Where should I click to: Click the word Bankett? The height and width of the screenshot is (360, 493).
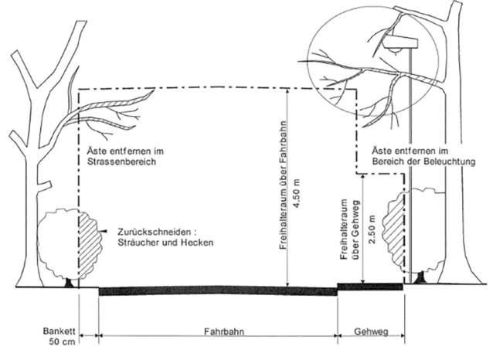pos(59,331)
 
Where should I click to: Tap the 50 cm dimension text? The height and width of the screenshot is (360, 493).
pos(62,341)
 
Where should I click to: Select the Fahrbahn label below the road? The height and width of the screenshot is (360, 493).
pos(224,331)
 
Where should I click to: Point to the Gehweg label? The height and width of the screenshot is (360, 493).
pos(371,331)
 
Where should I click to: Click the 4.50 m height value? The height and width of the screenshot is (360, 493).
pos(297,193)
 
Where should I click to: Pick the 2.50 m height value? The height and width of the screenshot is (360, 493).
pos(372,229)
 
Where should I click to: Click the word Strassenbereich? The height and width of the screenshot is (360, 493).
pos(121,162)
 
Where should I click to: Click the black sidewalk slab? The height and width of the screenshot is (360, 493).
pos(370,287)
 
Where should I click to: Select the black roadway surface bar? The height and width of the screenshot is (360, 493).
pos(218,290)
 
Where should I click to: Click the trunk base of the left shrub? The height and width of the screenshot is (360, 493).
pos(69,283)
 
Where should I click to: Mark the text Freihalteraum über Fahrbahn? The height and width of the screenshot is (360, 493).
pos(284,185)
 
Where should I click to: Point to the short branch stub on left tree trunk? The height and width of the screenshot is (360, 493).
pos(44,185)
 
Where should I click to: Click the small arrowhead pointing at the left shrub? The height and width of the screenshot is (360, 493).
pos(104,232)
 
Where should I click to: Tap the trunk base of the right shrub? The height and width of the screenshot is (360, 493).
pos(420,279)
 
